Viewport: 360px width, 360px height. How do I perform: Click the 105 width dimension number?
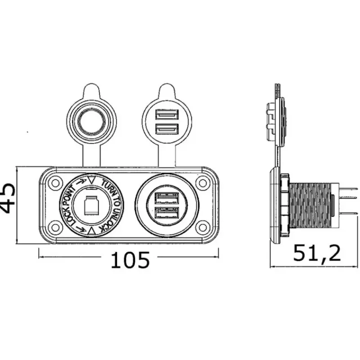(x=130, y=260)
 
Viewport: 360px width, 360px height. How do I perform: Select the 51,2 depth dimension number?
(x=317, y=253)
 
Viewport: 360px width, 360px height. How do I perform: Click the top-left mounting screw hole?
(x=55, y=183)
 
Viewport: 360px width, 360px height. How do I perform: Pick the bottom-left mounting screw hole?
(x=55, y=228)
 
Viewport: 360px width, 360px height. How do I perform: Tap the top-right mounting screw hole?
(x=202, y=183)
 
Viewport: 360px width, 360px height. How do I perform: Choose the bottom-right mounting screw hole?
(x=202, y=228)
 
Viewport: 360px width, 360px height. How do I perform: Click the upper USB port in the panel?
(x=167, y=198)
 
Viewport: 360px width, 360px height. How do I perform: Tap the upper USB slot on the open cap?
(x=167, y=114)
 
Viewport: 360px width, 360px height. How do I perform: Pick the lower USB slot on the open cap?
(x=167, y=129)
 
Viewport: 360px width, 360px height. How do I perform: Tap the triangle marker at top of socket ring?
(x=91, y=180)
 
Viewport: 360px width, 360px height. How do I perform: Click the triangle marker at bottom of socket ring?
(x=91, y=231)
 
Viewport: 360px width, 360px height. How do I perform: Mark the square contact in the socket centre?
(x=91, y=205)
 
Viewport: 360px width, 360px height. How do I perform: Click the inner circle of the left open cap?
(x=92, y=121)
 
